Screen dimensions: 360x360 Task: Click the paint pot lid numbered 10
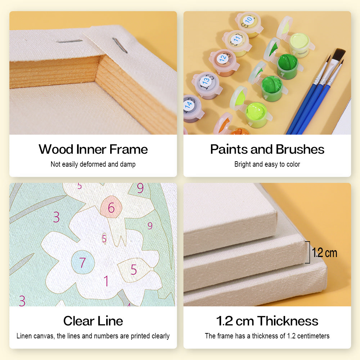click(x=248, y=20)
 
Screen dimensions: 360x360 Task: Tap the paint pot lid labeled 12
click(x=222, y=58)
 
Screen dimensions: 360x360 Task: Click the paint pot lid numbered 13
click(x=206, y=81)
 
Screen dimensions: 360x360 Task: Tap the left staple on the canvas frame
click(x=69, y=41)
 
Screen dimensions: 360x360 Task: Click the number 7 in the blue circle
click(x=82, y=262)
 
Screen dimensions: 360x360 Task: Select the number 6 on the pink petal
click(x=111, y=208)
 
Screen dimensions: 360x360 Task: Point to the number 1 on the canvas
click(x=106, y=281)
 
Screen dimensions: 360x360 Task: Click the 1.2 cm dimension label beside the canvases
click(x=325, y=253)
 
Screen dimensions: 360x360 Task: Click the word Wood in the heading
click(x=56, y=149)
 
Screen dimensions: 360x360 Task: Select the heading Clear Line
click(x=93, y=321)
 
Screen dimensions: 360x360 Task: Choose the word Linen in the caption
click(x=24, y=336)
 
